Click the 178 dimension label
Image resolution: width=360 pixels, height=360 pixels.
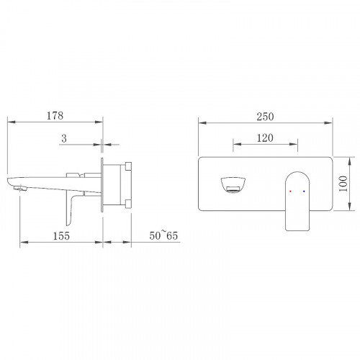point(55,116)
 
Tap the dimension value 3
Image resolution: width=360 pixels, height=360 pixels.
point(64,138)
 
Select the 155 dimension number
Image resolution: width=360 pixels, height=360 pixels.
point(61,236)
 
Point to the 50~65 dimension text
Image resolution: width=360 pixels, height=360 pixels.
point(163,235)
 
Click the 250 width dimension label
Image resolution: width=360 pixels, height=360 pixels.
point(265,117)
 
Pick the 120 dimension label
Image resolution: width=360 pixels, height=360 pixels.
point(265,138)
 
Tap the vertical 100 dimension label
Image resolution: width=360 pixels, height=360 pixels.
point(343,184)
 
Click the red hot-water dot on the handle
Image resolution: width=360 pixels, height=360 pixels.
point(290,192)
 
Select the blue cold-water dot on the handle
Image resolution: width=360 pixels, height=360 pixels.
point(304,192)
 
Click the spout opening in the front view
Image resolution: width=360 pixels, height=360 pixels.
point(233,185)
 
